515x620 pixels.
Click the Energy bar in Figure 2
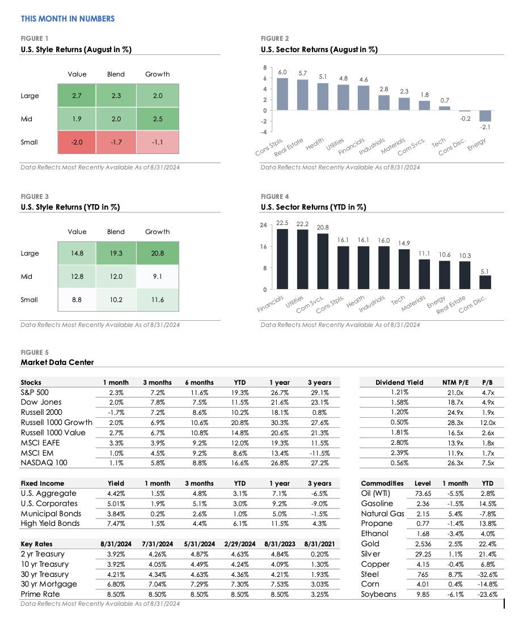pos(486,116)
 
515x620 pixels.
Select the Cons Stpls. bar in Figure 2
pos(282,94)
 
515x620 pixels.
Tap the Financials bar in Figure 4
pos(282,259)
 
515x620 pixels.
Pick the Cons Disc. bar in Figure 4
pos(485,282)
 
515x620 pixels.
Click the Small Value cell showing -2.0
pos(77,142)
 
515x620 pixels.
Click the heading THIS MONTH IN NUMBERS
pos(67,19)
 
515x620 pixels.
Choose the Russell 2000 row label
pos(41,413)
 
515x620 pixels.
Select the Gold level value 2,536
pos(423,544)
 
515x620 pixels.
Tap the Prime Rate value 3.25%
pos(320,594)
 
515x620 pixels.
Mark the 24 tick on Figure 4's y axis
pos(263,226)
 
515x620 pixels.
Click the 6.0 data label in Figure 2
pos(282,73)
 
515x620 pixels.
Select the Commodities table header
pos(382,483)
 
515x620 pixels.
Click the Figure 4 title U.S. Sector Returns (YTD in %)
pos(313,207)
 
